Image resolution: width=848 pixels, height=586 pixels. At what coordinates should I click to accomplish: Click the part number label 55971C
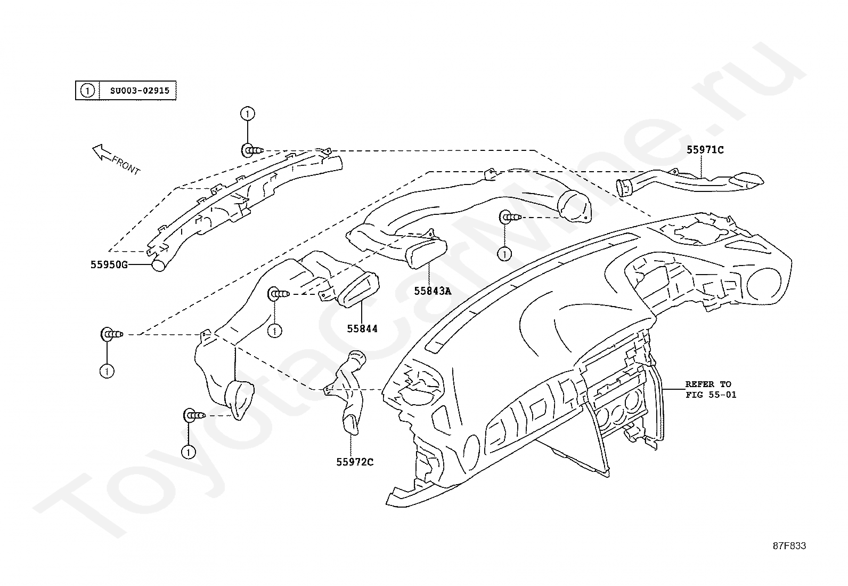[x=705, y=150]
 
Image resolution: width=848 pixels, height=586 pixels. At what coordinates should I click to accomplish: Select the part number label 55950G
[x=109, y=264]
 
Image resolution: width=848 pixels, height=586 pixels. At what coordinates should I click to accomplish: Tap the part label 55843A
[x=433, y=291]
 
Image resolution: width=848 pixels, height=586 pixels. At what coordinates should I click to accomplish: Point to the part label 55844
[x=362, y=328]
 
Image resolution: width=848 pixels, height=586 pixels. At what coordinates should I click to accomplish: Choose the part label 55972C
[x=355, y=462]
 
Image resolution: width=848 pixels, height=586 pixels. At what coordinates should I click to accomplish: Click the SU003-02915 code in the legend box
[x=140, y=91]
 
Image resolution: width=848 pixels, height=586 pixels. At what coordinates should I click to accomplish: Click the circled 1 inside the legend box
[x=87, y=91]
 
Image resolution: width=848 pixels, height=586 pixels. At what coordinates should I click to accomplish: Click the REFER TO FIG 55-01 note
[x=711, y=389]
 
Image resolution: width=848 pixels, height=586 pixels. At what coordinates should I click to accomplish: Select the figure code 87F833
[x=789, y=546]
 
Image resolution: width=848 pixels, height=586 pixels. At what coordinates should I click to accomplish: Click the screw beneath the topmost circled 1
[x=252, y=150]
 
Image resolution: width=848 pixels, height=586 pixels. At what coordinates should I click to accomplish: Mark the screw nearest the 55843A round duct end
[x=511, y=217]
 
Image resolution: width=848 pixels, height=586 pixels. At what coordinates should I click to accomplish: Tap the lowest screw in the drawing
[x=194, y=415]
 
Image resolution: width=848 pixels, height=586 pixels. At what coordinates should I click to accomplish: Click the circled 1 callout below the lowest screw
[x=189, y=452]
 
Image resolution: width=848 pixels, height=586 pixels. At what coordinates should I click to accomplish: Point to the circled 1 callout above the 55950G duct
[x=248, y=114]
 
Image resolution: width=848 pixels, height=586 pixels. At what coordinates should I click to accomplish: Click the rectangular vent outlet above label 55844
[x=358, y=290]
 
